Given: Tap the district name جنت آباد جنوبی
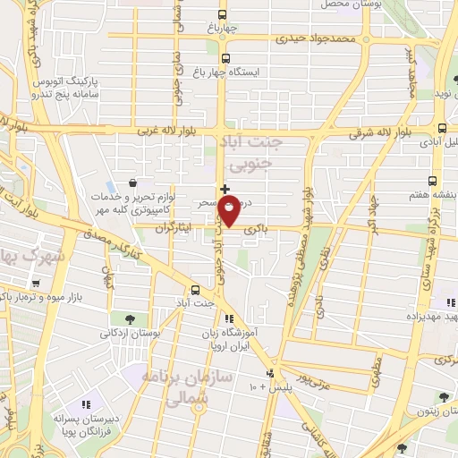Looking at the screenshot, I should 256,153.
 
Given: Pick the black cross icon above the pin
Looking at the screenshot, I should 224,189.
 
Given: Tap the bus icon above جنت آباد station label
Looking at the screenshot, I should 196,288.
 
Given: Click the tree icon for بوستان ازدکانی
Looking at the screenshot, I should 131,318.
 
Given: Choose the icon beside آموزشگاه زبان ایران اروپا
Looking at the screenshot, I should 229,318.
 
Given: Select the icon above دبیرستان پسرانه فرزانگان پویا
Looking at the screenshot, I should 87,405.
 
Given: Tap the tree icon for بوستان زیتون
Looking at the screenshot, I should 444,398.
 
